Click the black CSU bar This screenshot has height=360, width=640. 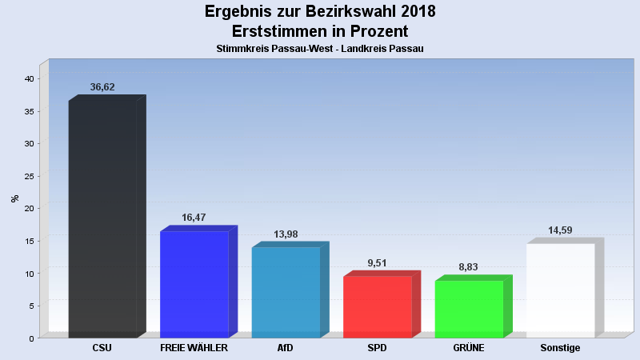tap(102, 218)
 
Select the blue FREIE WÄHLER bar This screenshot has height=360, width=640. tap(194, 284)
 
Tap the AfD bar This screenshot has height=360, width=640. tap(286, 292)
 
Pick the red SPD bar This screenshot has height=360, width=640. tap(377, 306)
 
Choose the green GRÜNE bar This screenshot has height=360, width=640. tap(469, 309)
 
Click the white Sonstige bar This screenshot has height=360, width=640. tap(560, 290)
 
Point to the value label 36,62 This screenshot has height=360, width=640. tap(102, 87)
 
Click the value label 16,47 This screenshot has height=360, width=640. tap(194, 218)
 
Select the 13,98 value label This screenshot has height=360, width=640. tap(286, 234)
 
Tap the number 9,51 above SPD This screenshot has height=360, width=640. tap(377, 262)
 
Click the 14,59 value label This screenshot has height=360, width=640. tap(560, 230)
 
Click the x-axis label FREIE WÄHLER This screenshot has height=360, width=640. tap(194, 348)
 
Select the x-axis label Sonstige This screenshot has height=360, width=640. tap(560, 348)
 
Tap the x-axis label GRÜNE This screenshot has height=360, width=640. tap(469, 348)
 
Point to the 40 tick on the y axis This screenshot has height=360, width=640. tap(28, 79)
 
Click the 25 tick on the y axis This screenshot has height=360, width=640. tap(28, 176)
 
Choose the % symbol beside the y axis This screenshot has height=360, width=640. tap(14, 198)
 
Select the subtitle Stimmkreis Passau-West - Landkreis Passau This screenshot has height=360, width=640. tap(320, 49)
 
